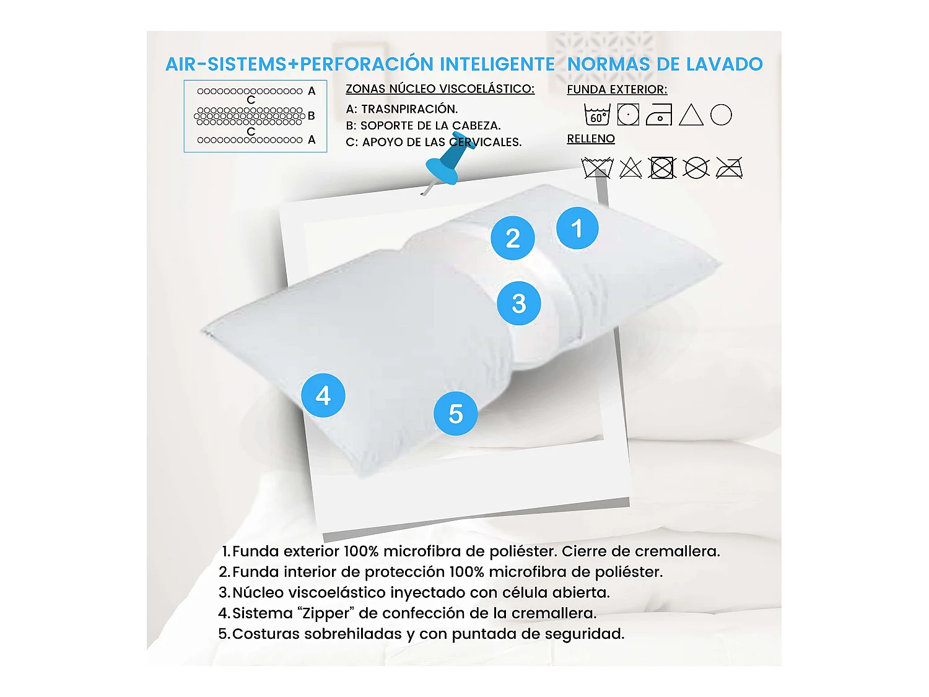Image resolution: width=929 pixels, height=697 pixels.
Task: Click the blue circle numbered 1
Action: pos(577,228)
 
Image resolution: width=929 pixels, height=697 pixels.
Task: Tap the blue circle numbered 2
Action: pos(513,238)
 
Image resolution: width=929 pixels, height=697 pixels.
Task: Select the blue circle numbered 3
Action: pos(519,303)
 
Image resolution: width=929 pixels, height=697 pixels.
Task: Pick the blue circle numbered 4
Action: pos(323,395)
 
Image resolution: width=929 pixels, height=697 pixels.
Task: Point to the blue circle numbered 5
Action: pos(456,414)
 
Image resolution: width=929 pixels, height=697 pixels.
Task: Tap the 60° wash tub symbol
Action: pos(597,115)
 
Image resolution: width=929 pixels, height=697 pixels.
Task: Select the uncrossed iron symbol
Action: pos(659,115)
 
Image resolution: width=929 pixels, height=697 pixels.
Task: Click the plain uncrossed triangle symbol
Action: pos(691,115)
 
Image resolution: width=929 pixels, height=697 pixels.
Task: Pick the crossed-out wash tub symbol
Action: pos(597,168)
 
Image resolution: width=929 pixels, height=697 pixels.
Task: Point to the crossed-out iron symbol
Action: pos(730,168)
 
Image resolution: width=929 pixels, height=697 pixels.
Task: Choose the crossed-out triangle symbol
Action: pos(630,168)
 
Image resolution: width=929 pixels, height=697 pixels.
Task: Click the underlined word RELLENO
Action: pos(591,139)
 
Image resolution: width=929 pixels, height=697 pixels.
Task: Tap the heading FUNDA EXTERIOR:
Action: pos(617,89)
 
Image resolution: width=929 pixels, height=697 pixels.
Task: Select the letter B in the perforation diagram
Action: pos(312,116)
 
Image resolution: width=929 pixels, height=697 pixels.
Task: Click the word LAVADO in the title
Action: pos(728,64)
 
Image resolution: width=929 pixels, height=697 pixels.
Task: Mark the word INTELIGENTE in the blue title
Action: pos(497,64)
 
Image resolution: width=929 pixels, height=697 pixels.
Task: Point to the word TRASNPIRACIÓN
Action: pos(409,109)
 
